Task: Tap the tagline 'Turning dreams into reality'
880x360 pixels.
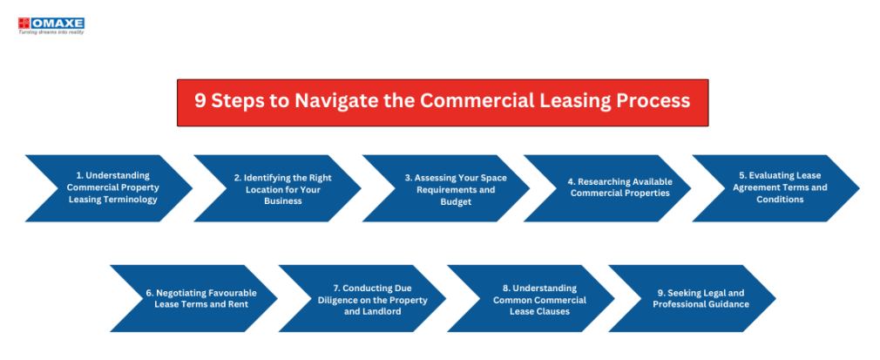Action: click(x=51, y=32)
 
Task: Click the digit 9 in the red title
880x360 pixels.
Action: click(x=200, y=100)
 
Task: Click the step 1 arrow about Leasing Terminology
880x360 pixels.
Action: click(x=108, y=188)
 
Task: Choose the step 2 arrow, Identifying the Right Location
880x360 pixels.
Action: click(x=277, y=188)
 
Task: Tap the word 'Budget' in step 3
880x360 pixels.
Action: click(x=456, y=201)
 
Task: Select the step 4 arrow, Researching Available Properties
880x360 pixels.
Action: click(x=607, y=188)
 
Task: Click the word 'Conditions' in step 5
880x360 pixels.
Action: click(x=780, y=200)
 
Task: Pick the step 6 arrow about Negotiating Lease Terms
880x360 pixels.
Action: click(x=193, y=298)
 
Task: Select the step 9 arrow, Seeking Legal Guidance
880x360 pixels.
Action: click(x=692, y=298)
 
